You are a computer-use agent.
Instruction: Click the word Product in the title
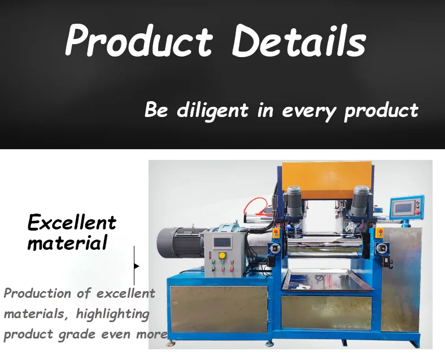[x=139, y=40]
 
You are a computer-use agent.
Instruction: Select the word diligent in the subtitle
[x=212, y=109]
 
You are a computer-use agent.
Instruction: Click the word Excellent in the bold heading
[x=72, y=222]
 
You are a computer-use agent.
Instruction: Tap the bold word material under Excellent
[x=67, y=244]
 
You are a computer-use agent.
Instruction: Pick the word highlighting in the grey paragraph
[x=113, y=313]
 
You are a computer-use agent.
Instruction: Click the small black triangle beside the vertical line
[x=137, y=266]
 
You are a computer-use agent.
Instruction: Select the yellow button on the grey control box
[x=222, y=256]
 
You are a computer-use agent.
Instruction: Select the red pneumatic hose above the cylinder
[x=257, y=203]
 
